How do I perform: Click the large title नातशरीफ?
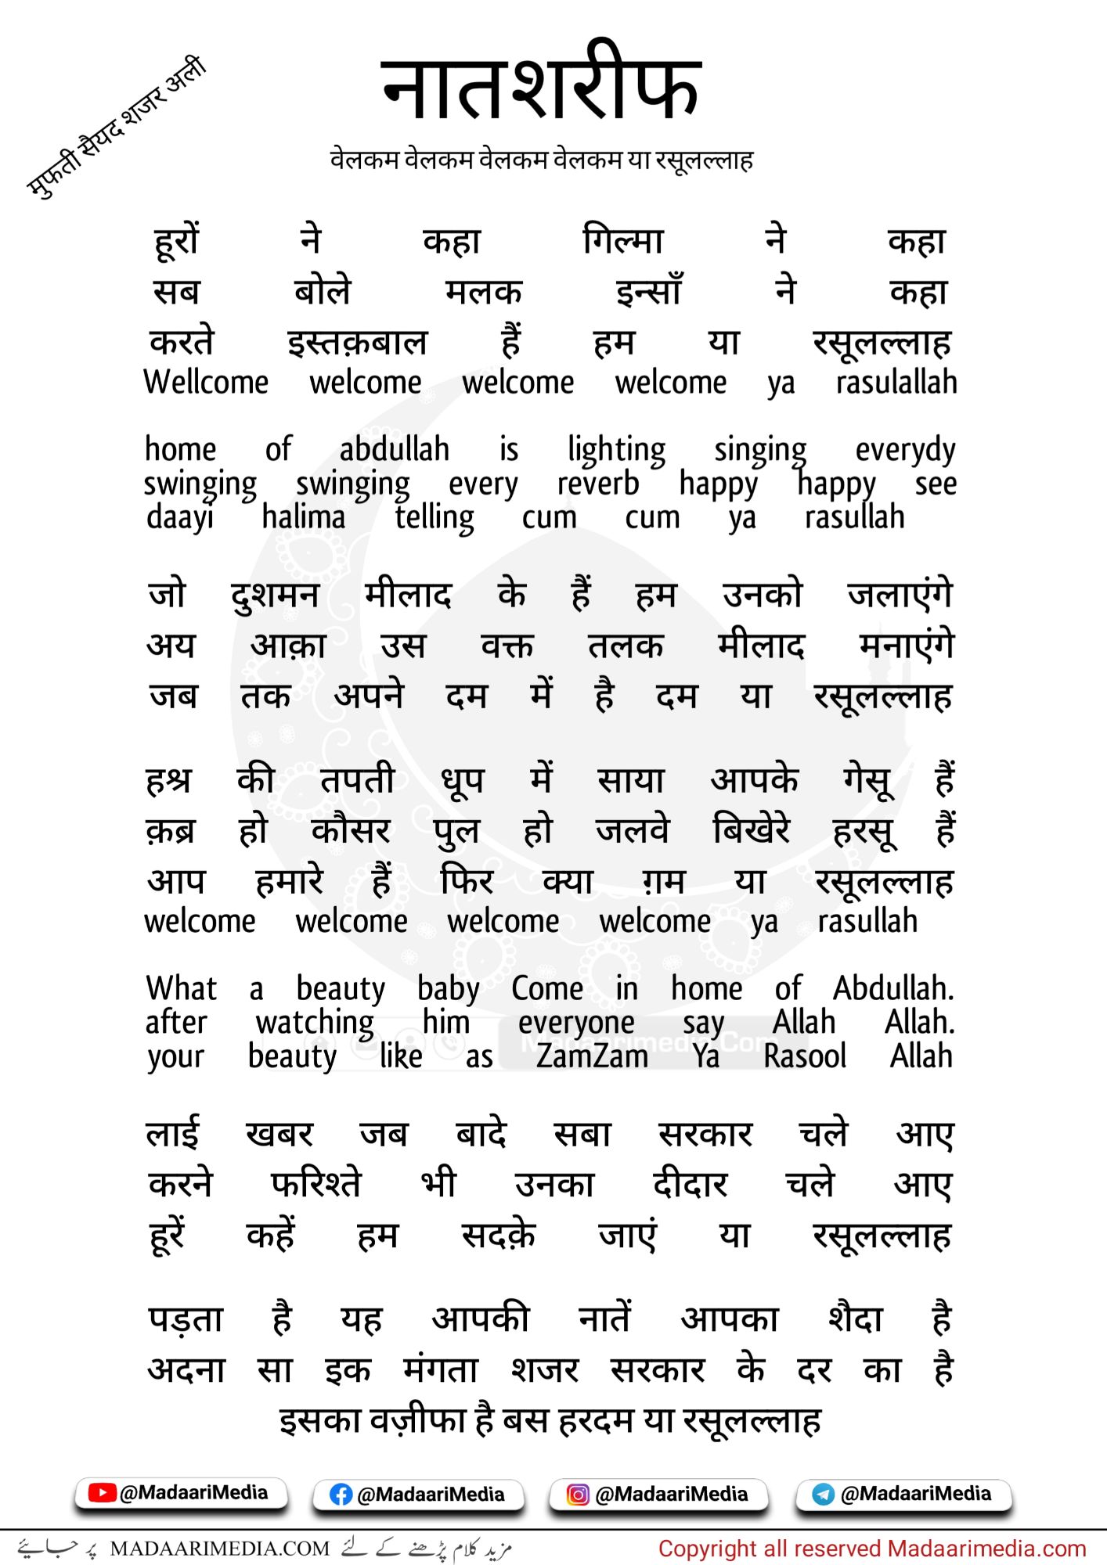point(540,85)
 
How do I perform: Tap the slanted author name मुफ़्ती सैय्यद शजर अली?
point(116,127)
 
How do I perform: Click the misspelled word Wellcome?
point(206,383)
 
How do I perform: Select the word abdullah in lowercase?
point(394,450)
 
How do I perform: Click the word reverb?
point(597,484)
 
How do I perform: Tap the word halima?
point(303,517)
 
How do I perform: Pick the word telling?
point(434,518)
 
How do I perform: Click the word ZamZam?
point(592,1056)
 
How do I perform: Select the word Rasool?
point(804,1056)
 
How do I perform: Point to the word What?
point(181,988)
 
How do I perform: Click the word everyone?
point(576,1023)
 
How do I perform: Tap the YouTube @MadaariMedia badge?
point(181,1493)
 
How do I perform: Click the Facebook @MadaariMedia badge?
point(419,1495)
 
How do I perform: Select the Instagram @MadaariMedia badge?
point(658,1495)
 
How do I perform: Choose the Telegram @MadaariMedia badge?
point(903,1494)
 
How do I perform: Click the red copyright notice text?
point(871,1549)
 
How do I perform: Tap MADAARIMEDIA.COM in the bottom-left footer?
point(219,1549)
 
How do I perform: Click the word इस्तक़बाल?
point(357,343)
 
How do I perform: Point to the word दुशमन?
point(275,595)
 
